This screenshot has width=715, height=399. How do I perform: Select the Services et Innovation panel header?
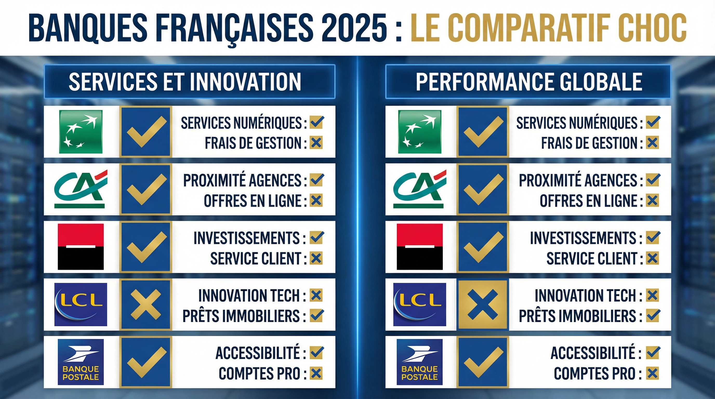point(190,82)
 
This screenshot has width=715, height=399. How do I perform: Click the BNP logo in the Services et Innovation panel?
point(81,132)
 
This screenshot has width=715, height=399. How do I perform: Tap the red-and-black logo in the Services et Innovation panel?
point(81,247)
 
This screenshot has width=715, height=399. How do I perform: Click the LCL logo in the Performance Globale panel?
point(419,304)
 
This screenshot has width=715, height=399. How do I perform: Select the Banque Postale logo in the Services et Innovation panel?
point(81,362)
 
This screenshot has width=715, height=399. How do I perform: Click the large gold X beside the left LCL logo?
point(146,304)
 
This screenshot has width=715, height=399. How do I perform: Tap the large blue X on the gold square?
point(483,304)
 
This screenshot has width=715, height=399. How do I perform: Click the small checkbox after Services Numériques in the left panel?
point(316,122)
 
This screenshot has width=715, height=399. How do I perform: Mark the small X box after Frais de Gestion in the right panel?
point(653,143)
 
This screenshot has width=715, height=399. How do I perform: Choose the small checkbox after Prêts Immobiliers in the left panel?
point(316,315)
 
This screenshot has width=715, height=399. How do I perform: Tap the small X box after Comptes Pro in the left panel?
point(316,373)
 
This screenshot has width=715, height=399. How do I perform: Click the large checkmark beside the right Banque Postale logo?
point(483,362)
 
